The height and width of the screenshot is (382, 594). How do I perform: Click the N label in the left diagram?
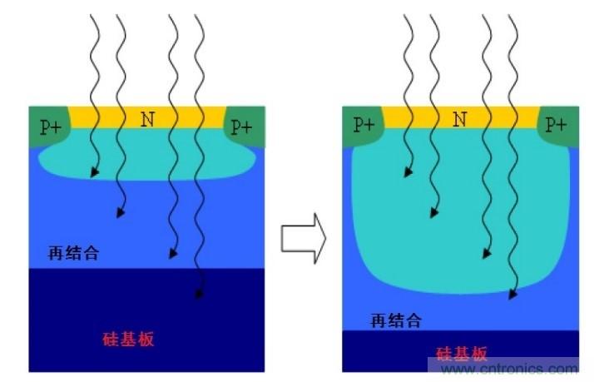click(x=147, y=120)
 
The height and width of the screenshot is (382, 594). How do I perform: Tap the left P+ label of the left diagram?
click(x=50, y=127)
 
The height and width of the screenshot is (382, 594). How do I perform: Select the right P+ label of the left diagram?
click(x=241, y=127)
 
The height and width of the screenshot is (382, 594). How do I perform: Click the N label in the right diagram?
click(x=459, y=120)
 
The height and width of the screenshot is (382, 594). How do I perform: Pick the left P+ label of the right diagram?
click(x=364, y=125)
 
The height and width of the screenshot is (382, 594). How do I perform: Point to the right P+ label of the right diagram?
click(x=556, y=125)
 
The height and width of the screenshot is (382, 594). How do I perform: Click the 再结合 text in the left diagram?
click(x=73, y=253)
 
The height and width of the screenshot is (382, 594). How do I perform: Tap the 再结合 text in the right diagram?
click(x=396, y=320)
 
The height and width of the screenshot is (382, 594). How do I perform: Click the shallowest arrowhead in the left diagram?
click(x=94, y=172)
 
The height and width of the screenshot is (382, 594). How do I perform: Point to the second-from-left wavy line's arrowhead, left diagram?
click(x=120, y=212)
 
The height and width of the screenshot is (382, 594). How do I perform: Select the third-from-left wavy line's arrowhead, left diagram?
click(x=172, y=253)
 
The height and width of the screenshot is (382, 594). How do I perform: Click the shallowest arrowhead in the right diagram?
click(x=408, y=172)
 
